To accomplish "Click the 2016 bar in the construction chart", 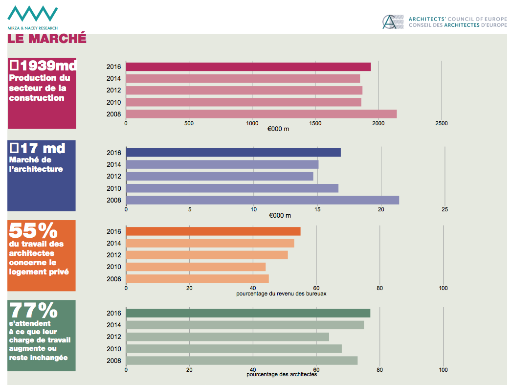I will (248, 67).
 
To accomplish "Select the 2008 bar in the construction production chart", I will (261, 114).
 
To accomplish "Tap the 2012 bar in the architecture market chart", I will (220, 177).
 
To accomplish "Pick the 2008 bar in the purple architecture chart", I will (262, 200).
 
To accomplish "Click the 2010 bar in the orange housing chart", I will (196, 267).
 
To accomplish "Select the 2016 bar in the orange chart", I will (213, 231).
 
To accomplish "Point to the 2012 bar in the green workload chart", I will (227, 337).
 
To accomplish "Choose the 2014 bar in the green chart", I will (245, 325).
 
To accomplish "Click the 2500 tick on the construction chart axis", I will (441, 124).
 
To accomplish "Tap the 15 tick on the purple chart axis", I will (317, 210).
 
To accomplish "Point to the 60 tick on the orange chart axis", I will (316, 288).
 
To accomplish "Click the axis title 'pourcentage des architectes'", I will (282, 375).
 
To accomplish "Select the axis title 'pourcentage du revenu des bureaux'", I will (281, 294).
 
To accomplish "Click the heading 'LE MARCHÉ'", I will (47, 38).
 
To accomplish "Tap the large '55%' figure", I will (33, 230).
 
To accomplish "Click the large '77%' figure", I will (33, 311).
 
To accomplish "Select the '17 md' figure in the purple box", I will (38, 148).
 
